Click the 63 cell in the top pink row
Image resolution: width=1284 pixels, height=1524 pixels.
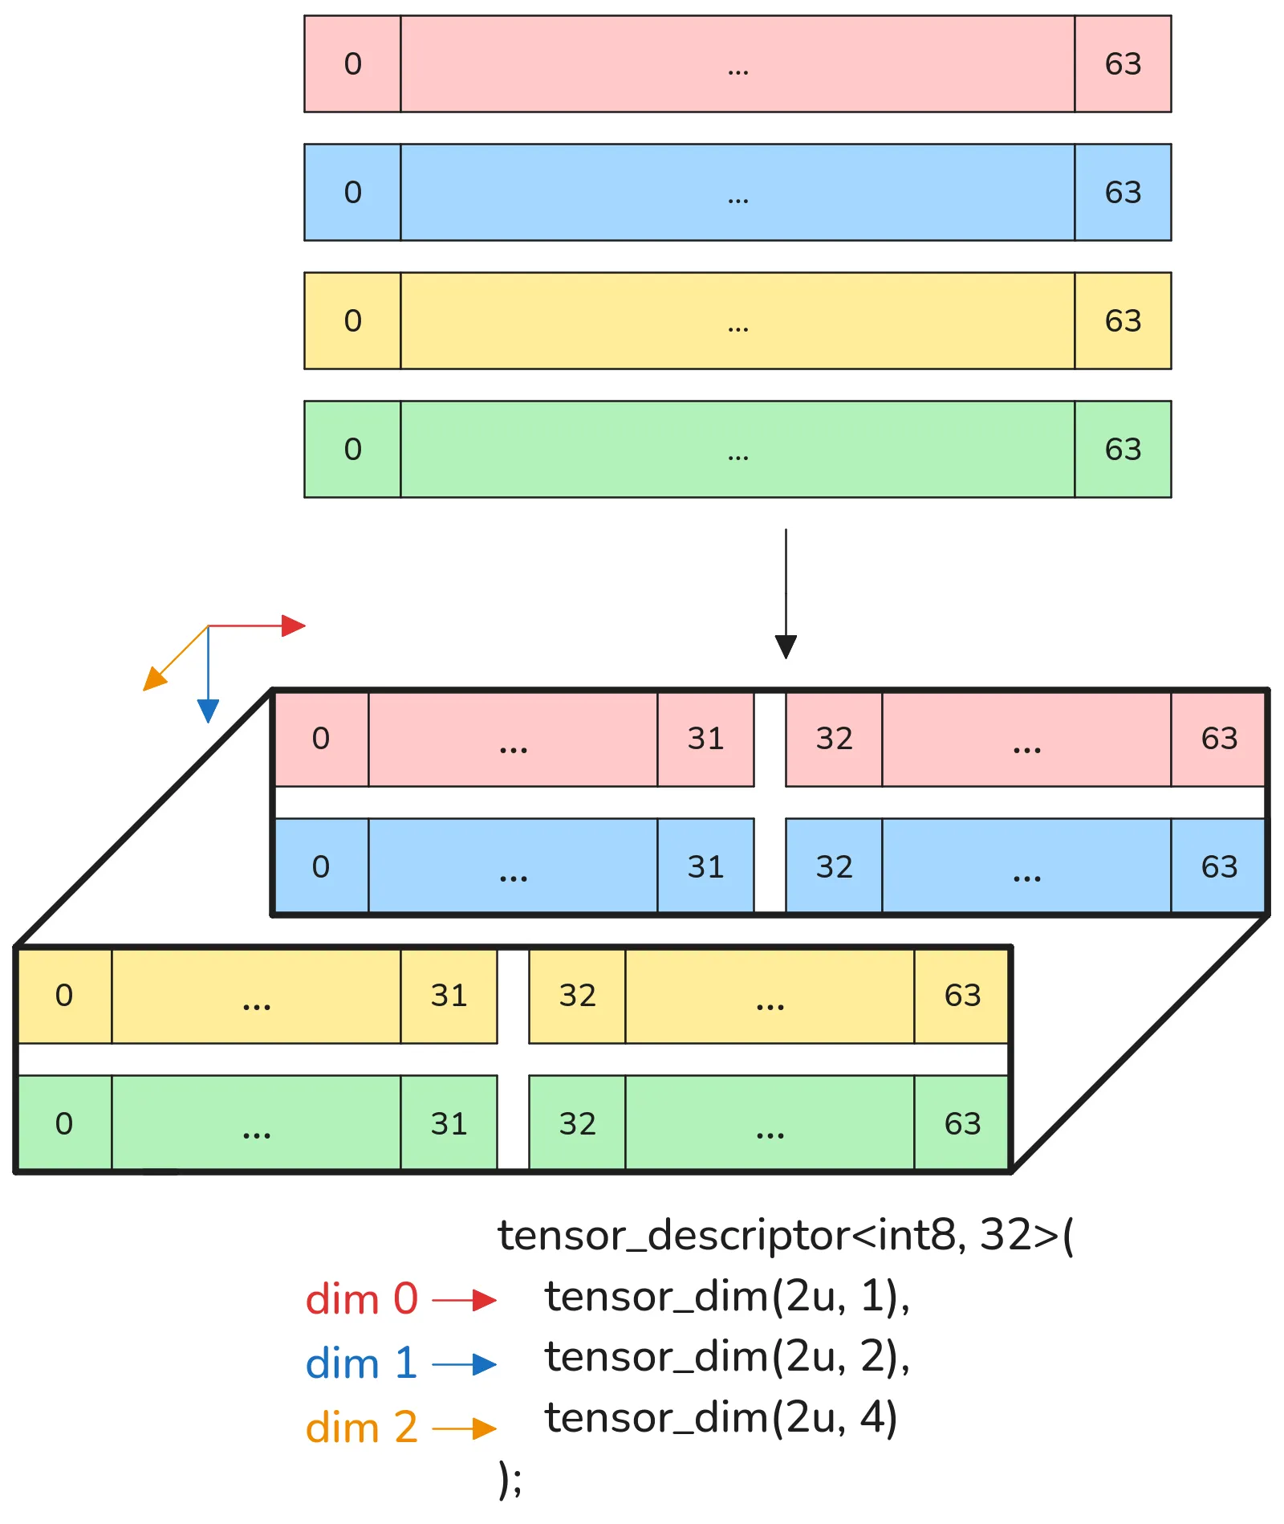pos(1122,64)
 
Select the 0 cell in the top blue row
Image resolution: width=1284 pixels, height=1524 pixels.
pos(352,193)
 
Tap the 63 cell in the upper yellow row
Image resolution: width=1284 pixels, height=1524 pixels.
pos(1122,321)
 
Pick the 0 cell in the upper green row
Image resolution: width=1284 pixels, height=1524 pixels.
pos(352,450)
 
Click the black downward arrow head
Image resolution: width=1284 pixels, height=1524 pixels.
pos(786,646)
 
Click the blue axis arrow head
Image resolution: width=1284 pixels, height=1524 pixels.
pos(208,711)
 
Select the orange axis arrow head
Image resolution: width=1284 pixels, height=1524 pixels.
pos(153,679)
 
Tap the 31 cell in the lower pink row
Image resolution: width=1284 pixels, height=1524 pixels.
pos(705,739)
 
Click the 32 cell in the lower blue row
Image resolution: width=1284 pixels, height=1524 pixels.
pos(834,867)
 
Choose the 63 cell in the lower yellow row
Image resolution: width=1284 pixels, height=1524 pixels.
pos(961,996)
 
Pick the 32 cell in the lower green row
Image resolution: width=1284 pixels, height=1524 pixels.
pos(577,1124)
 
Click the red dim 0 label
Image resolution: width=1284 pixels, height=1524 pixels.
pos(362,1299)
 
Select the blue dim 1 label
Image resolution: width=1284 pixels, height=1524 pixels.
pos(362,1363)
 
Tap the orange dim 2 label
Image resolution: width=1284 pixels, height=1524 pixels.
pos(362,1428)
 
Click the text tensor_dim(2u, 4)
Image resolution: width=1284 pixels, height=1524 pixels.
pos(721,1417)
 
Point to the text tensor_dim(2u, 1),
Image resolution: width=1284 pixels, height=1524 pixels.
pos(727,1297)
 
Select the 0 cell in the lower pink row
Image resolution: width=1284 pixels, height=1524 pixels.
pos(321,739)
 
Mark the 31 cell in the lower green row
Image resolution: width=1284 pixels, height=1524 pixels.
pos(449,1124)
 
